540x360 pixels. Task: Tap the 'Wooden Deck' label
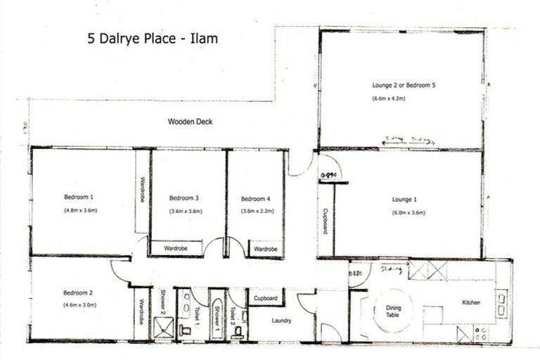click(190, 122)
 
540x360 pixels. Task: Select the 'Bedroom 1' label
click(78, 198)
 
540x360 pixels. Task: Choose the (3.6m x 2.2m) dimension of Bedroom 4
click(256, 211)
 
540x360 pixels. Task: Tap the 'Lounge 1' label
click(405, 199)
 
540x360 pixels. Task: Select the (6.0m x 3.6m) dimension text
click(409, 212)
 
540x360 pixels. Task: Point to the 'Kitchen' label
click(471, 302)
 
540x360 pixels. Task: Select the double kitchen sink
click(502, 304)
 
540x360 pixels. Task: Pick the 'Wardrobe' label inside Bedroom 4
click(265, 249)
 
